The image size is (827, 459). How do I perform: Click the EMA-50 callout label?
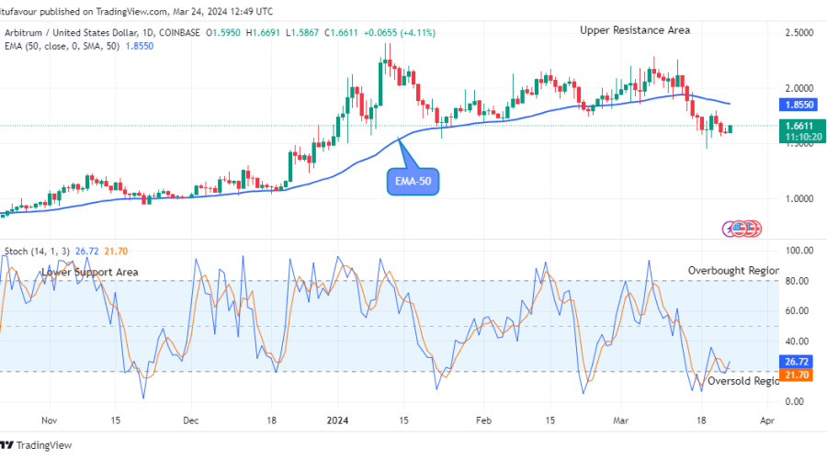click(413, 182)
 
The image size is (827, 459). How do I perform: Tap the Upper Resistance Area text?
click(634, 30)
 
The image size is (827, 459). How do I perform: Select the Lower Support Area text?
click(89, 273)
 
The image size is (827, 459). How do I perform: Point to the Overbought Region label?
click(733, 271)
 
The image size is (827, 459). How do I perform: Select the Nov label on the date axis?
click(50, 421)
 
